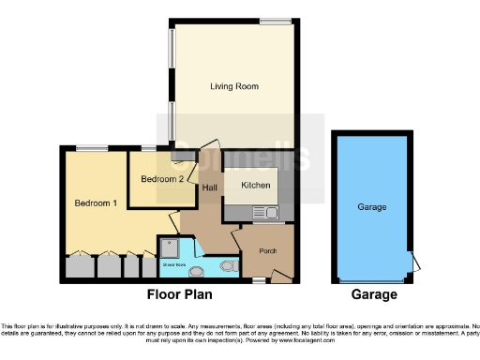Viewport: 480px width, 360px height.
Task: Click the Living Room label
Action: pyautogui.click(x=233, y=86)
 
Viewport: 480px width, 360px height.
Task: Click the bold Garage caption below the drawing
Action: pyautogui.click(x=373, y=294)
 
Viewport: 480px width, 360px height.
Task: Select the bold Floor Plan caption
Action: pyautogui.click(x=178, y=294)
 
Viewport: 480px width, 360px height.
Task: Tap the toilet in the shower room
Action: pyautogui.click(x=227, y=266)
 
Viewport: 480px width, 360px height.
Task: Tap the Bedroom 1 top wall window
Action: pyautogui.click(x=91, y=146)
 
